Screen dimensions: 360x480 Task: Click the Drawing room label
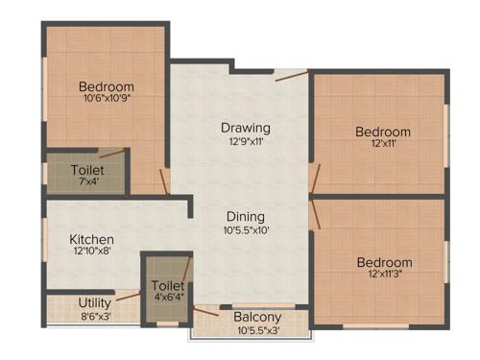[246, 128]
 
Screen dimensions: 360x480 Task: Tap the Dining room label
[246, 216]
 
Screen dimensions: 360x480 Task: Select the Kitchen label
[92, 239]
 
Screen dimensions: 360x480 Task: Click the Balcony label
[257, 318]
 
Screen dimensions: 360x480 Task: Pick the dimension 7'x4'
[87, 183]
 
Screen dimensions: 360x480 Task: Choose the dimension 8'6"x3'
[95, 316]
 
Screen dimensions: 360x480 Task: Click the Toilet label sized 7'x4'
[87, 170]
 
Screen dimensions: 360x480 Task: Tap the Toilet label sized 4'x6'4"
[168, 286]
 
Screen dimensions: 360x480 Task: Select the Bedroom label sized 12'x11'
[383, 132]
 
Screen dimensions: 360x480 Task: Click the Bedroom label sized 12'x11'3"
[385, 262]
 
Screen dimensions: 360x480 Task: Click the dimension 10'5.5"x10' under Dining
[246, 230]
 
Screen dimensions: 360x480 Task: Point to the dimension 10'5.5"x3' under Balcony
[257, 331]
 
